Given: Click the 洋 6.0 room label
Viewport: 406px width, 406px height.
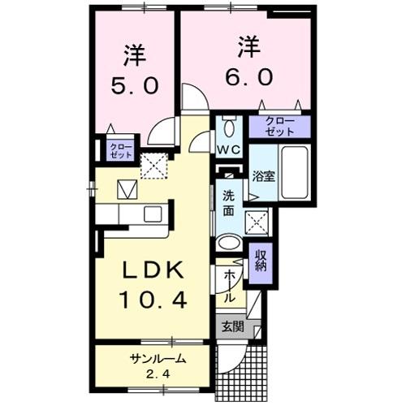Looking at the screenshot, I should click(249, 61).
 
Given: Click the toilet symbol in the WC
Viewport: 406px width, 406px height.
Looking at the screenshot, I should click(230, 127).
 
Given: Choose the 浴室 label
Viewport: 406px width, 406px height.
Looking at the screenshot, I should click(261, 175).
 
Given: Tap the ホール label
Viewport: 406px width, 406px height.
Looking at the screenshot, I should click(230, 286).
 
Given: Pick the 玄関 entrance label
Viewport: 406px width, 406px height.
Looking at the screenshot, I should click(231, 327).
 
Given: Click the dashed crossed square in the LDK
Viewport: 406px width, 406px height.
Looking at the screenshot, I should click(153, 166).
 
